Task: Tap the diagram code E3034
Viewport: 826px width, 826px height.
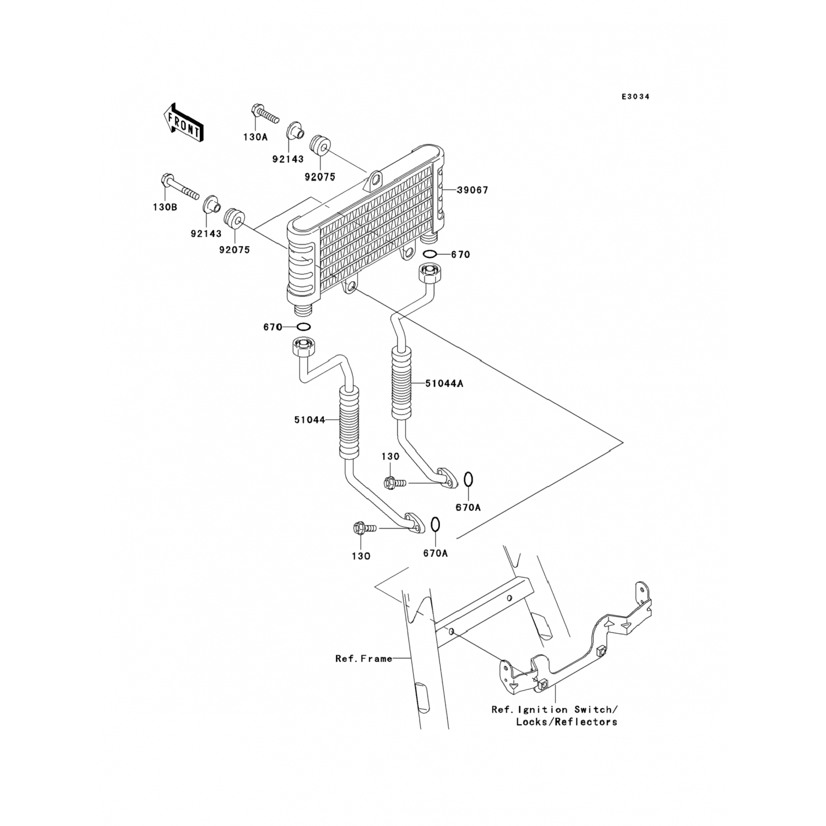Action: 635,96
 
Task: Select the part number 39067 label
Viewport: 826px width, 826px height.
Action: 473,190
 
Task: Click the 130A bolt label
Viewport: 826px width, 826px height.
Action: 255,137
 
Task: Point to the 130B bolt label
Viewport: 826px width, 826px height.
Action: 165,208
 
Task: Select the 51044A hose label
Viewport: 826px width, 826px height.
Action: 444,383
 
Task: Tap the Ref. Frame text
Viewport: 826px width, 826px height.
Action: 364,659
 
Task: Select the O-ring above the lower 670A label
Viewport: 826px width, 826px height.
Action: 435,525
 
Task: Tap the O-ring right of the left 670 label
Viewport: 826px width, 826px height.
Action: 303,327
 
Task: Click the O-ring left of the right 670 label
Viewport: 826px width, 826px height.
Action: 431,254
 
